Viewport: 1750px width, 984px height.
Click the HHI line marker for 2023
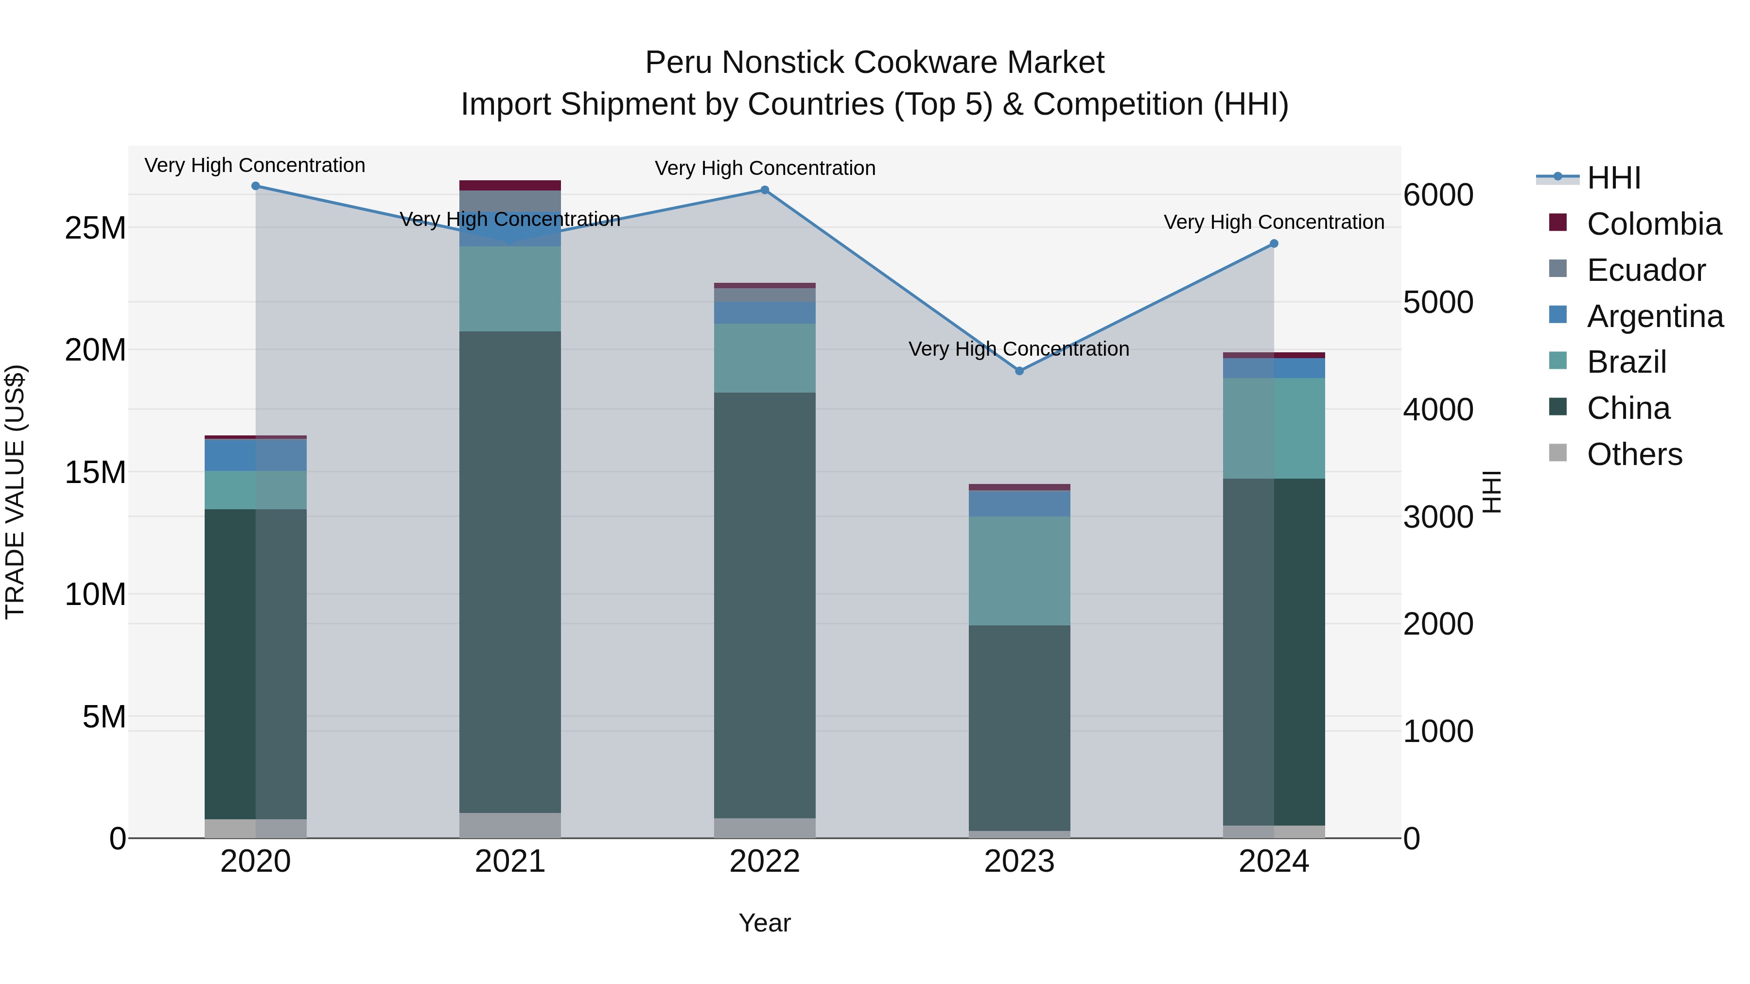click(1019, 371)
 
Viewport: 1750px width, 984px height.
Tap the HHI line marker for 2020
click(255, 186)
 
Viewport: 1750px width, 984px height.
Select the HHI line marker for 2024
click(1274, 244)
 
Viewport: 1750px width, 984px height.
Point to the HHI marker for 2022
click(764, 190)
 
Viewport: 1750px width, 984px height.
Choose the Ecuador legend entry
click(1645, 270)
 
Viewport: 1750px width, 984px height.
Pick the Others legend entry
click(1634, 454)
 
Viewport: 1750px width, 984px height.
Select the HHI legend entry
click(1613, 178)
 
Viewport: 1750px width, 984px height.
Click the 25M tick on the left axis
click(95, 228)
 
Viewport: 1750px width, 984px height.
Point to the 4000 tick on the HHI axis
click(1438, 410)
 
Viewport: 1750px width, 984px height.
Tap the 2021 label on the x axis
click(510, 862)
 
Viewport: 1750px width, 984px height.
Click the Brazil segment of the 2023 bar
click(1019, 570)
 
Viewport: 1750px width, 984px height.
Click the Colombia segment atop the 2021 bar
click(510, 186)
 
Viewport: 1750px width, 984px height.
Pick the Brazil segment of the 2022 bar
click(764, 358)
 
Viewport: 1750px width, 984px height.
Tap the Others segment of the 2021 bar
click(510, 825)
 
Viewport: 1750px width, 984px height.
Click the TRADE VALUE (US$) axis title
click(15, 492)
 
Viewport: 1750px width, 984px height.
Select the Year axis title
click(764, 923)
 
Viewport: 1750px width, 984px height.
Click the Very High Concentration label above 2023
click(1018, 349)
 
